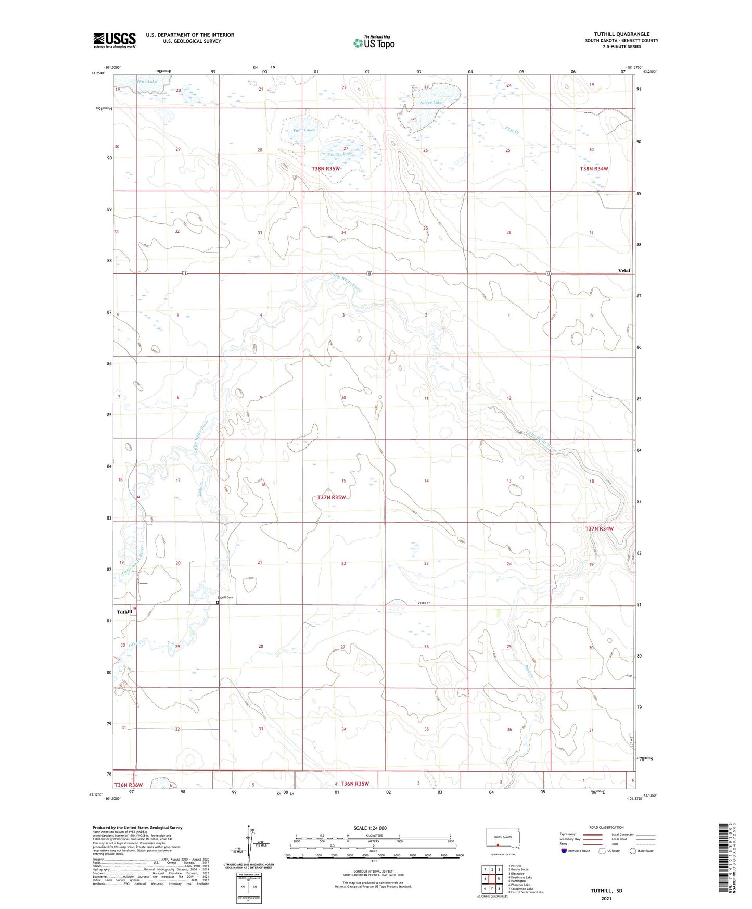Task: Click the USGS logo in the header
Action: pyautogui.click(x=114, y=40)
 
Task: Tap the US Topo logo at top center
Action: pyautogui.click(x=374, y=43)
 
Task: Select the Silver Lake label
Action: pyautogui.click(x=431, y=103)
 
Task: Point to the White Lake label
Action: pyautogui.click(x=146, y=81)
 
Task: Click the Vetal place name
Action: pyautogui.click(x=624, y=270)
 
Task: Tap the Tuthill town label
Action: pyautogui.click(x=124, y=612)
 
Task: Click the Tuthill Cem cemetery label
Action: pyautogui.click(x=227, y=598)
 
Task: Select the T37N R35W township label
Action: pyautogui.click(x=332, y=497)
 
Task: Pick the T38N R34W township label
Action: pyautogui.click(x=594, y=169)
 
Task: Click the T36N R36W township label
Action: pyautogui.click(x=128, y=785)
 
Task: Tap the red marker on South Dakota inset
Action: pyautogui.click(x=498, y=845)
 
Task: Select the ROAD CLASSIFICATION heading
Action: pyautogui.click(x=606, y=827)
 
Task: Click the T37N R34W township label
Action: pyautogui.click(x=599, y=528)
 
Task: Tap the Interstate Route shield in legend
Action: pyautogui.click(x=564, y=851)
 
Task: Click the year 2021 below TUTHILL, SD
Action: pyautogui.click(x=606, y=899)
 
